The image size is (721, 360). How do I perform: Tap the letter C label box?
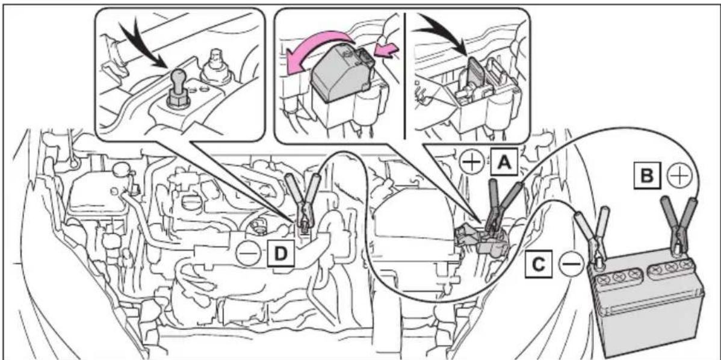(539, 264)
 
